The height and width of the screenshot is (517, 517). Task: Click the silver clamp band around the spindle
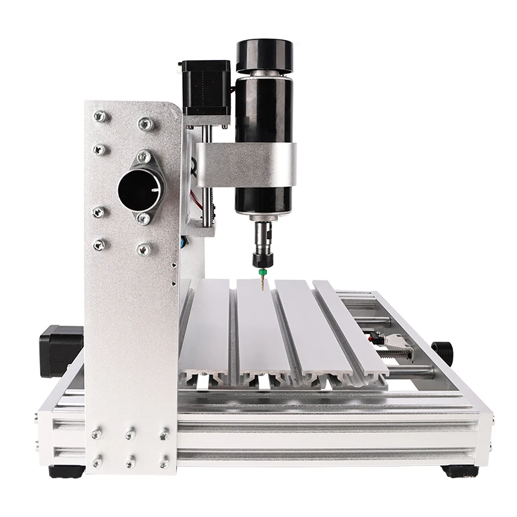click(x=258, y=162)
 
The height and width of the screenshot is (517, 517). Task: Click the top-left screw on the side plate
click(x=100, y=116)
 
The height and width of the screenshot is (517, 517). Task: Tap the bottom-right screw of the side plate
click(x=164, y=462)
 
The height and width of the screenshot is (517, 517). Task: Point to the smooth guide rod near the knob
click(x=414, y=370)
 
